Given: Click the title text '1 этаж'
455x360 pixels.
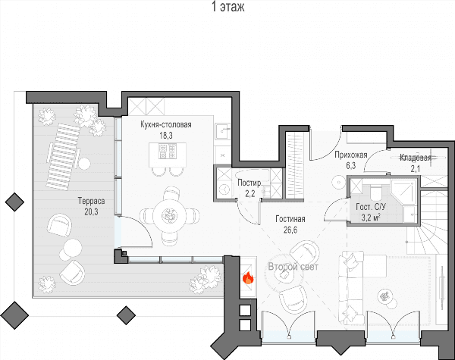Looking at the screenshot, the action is click(x=228, y=7).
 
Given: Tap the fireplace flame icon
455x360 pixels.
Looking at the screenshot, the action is click(x=248, y=278).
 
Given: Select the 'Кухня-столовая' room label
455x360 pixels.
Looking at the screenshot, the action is click(x=166, y=125).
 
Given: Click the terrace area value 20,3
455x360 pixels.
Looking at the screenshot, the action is click(x=91, y=212).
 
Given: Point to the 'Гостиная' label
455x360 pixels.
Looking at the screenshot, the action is click(x=290, y=219).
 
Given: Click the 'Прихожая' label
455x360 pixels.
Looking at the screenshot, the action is click(x=351, y=155).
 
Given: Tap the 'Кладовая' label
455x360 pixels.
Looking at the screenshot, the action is click(x=416, y=158).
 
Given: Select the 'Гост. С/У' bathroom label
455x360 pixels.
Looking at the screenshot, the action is click(x=371, y=207).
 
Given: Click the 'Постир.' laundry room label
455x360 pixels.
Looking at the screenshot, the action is click(x=249, y=183).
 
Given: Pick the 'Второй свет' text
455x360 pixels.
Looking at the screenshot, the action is click(x=293, y=267).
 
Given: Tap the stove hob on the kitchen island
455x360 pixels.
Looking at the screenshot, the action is click(x=168, y=151).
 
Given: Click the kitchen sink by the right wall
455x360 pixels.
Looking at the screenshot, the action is click(x=222, y=131).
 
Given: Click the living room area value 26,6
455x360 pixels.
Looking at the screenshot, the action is click(x=290, y=230).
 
